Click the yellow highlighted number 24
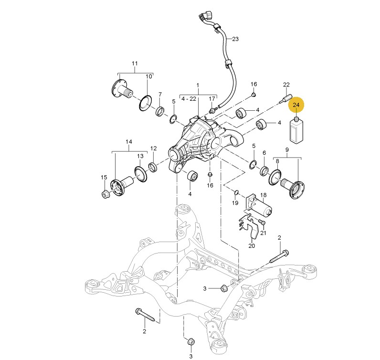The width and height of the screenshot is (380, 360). pos(296,105)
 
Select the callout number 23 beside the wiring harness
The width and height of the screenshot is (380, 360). pos(234,39)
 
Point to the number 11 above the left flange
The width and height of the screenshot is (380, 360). pos(134,64)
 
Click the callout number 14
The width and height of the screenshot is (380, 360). pos(128,142)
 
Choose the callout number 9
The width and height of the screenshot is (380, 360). pos(287,150)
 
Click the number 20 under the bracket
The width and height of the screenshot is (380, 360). pos(252,246)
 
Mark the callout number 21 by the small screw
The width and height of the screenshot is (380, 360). pos(263,233)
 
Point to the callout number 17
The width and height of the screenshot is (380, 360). pos(211,99)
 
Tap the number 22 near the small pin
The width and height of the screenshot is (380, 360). pos(286,85)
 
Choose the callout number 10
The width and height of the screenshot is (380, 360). pos(148,76)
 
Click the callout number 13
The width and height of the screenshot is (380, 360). pos(140,156)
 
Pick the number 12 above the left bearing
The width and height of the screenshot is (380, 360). pos(154,148)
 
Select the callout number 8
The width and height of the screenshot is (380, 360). pos(277,161)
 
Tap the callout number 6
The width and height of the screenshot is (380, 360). pos(264,153)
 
